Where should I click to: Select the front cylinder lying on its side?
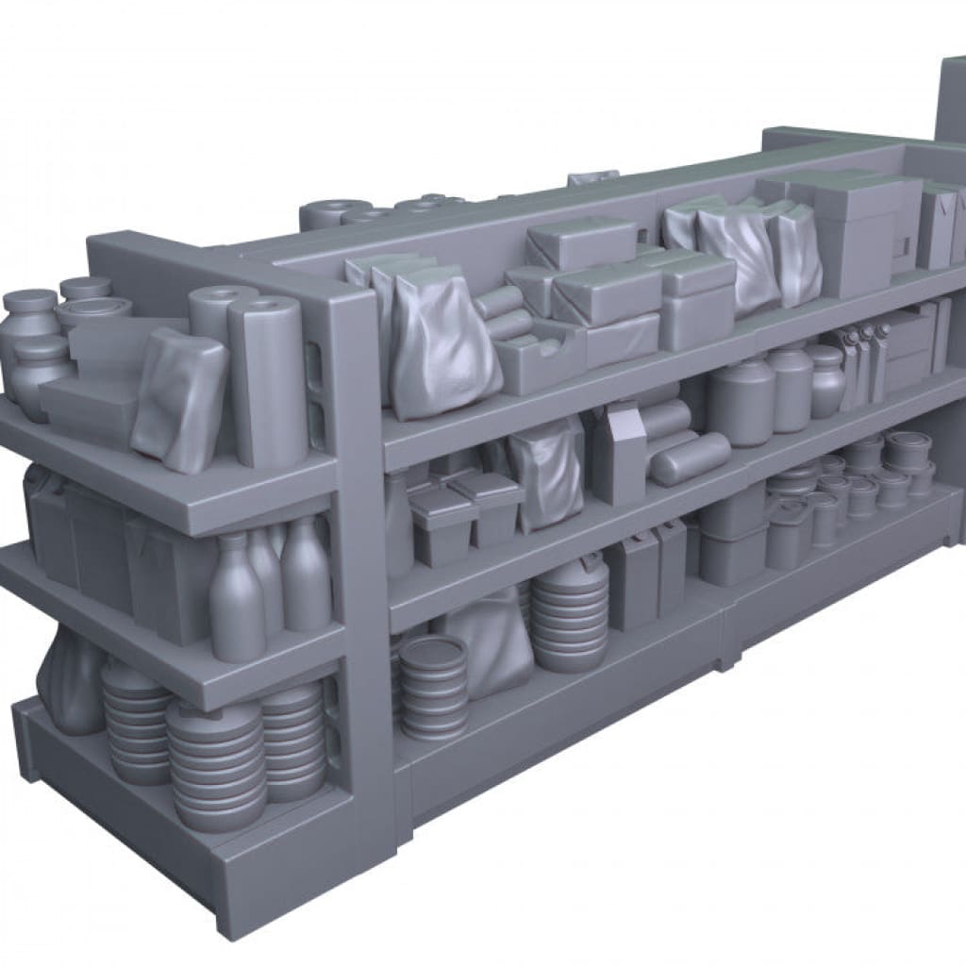(691, 458)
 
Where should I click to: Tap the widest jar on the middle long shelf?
(741, 402)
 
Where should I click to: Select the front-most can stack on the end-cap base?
(216, 765)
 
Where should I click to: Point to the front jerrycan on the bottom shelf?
(632, 585)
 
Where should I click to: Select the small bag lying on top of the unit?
(591, 177)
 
